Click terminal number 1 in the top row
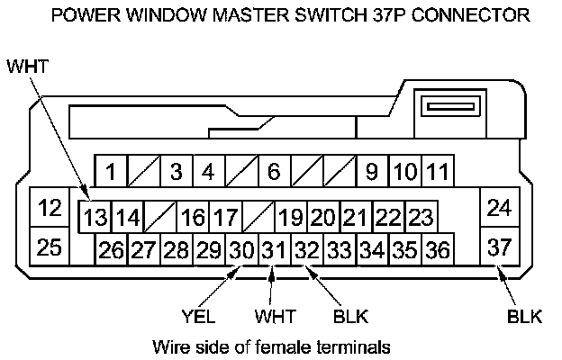111,170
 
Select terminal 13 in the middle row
95,217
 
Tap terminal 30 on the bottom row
240,249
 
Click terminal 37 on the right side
498,245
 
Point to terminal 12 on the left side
50,209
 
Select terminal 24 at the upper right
498,209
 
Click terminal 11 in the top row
438,170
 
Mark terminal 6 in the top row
274,170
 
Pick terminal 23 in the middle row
420,217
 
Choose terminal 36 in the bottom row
437,249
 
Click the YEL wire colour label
199,317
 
